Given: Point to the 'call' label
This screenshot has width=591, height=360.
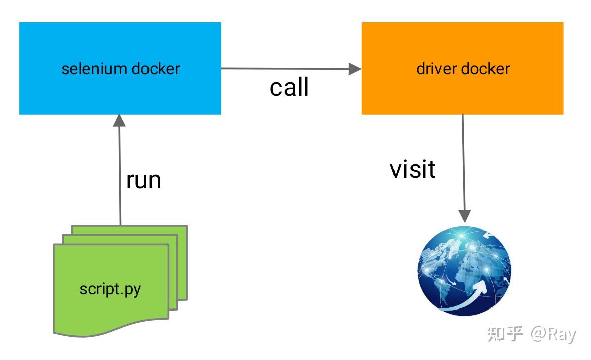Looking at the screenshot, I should point(289,87).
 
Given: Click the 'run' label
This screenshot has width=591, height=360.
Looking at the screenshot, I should point(143,180).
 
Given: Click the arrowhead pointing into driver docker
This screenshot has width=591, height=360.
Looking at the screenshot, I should point(355,69).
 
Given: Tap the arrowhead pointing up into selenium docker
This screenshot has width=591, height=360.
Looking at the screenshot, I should point(120,121).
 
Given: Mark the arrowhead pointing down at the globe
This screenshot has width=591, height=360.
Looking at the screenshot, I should point(464,216).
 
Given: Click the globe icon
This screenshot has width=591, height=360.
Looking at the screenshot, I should point(464,270).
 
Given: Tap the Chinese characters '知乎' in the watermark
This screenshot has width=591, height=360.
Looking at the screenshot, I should point(505,334).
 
